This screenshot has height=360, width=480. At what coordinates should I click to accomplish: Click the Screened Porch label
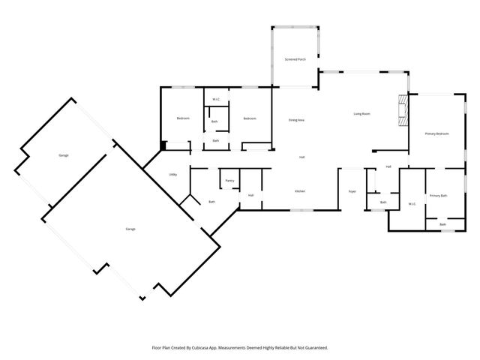coord(294,58)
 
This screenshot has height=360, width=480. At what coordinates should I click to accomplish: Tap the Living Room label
coord(362,114)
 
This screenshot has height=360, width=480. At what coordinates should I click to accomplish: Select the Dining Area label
coord(296,120)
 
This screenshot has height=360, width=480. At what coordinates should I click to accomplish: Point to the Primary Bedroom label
coord(436,133)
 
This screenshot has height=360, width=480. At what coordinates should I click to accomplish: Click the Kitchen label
coord(299,191)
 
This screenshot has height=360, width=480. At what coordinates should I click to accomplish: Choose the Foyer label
coord(352,192)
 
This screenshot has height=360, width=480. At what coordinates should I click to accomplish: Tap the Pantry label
coord(229,181)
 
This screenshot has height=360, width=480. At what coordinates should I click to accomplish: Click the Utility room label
coord(172,175)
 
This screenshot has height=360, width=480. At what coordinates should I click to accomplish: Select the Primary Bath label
coord(439,196)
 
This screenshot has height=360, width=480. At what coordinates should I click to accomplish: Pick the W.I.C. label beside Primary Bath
coord(412,203)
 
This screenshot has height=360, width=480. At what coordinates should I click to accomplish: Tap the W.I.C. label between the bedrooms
coord(215,99)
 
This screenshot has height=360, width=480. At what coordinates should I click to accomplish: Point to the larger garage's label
coord(130,229)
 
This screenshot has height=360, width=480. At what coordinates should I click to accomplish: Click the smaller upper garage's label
coord(64,155)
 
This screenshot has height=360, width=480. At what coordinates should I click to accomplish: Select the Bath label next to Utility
coord(211,202)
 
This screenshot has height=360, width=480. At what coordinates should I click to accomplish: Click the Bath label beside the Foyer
coord(383,202)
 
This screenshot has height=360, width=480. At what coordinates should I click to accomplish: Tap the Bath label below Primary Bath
coord(442,224)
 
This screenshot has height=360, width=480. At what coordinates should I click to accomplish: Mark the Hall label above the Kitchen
coord(301,157)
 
